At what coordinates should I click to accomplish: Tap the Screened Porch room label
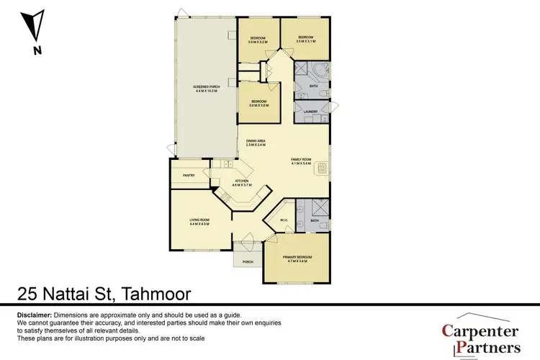204,90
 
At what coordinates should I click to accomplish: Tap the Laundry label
311,112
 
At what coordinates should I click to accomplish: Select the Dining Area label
253,144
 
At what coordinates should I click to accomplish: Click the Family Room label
301,162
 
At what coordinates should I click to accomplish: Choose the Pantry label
189,175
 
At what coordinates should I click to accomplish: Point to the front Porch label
248,261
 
